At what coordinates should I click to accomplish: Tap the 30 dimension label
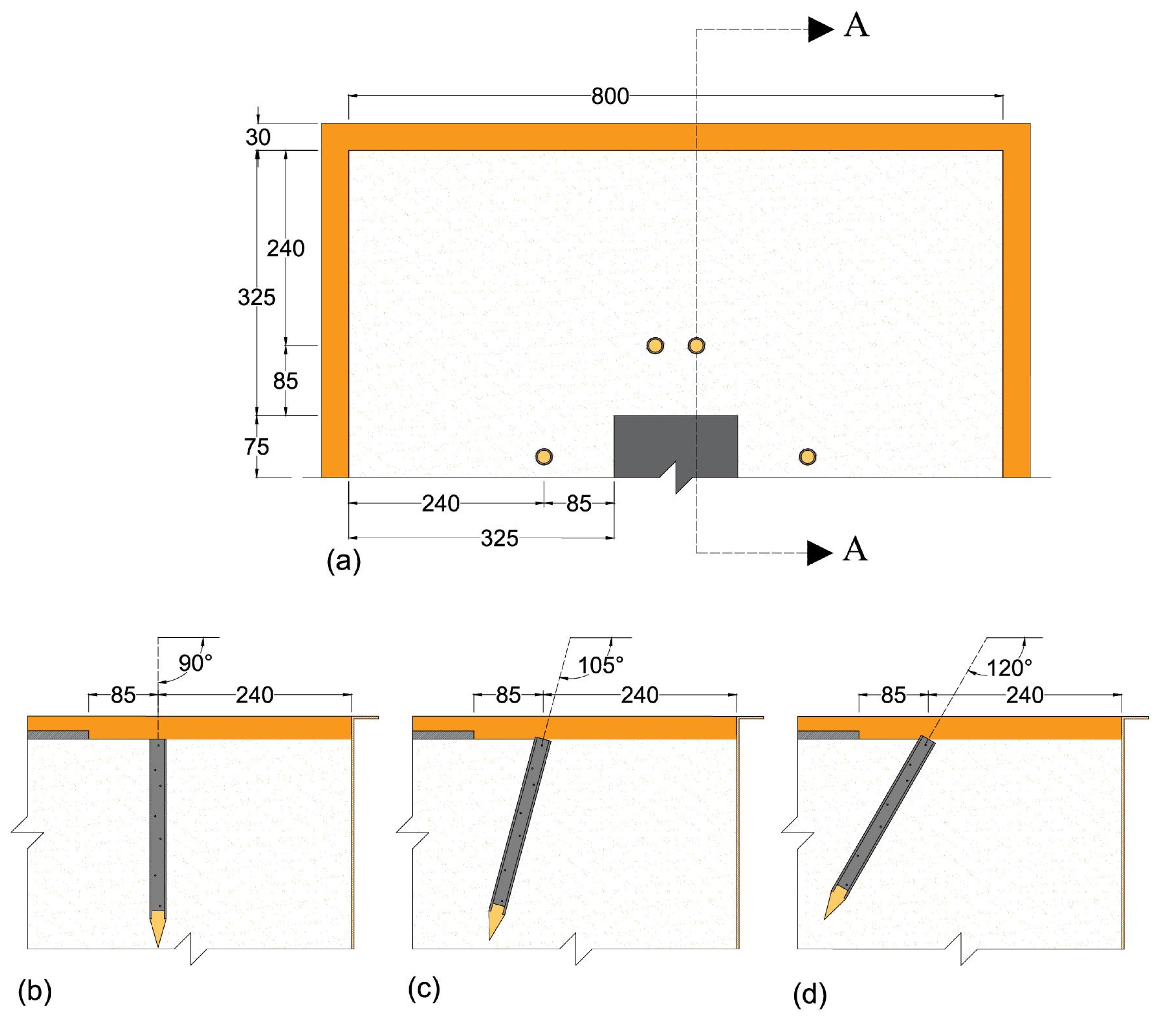258,137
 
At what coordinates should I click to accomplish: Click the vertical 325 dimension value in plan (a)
256,297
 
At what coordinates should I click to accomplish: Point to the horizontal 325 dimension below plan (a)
499,538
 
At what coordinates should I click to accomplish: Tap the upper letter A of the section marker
856,26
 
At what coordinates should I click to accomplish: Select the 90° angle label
195,663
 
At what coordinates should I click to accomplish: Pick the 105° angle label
600,665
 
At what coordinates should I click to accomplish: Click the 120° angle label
1009,668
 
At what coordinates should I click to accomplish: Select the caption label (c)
424,989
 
